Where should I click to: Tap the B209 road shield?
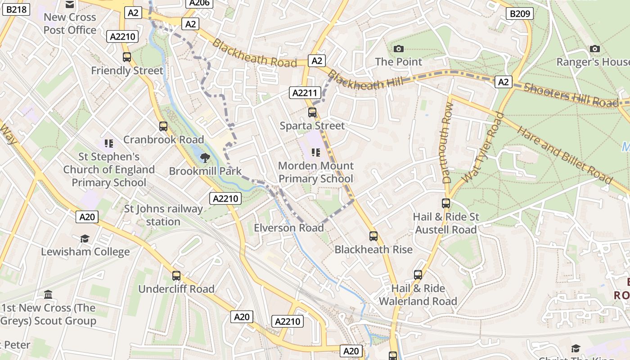coord(520,13)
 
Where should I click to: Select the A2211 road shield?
coord(305,93)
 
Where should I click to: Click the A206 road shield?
coord(198,3)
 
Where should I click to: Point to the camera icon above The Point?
coord(398,49)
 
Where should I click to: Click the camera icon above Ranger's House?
coord(594,49)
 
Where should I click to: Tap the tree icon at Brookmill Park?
coord(205,157)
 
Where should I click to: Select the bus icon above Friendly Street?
coord(127,57)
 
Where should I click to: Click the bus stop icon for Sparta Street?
coord(312,112)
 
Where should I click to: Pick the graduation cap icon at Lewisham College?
coord(85,238)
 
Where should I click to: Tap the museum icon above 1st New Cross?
coord(48,295)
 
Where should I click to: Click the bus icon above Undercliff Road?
coord(176,275)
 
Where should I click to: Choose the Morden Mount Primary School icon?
coord(316,153)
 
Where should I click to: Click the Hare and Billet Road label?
coord(565,155)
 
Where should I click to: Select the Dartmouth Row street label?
coord(448,143)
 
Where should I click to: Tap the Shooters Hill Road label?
coord(571,94)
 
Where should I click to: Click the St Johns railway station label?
coord(163,215)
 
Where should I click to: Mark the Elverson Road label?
coord(289,228)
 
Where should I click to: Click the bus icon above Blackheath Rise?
coord(373,236)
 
